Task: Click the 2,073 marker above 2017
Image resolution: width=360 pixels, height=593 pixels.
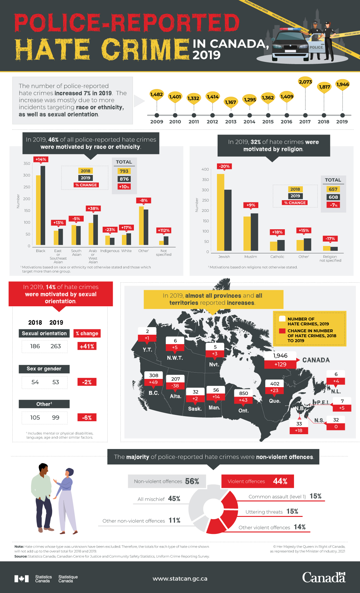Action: click(305, 82)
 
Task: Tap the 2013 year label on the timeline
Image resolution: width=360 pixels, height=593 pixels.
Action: click(231, 122)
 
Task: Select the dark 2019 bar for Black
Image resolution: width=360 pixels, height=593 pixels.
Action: click(43, 205)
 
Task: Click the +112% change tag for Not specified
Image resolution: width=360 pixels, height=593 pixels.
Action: click(164, 231)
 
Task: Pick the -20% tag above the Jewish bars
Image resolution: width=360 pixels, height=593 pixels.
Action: click(224, 166)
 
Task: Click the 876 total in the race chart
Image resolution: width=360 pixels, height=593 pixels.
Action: click(124, 179)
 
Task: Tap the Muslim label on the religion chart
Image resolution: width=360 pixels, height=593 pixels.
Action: click(250, 257)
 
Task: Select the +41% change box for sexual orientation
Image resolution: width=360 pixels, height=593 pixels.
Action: click(87, 346)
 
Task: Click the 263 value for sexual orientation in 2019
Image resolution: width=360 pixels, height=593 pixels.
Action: click(56, 346)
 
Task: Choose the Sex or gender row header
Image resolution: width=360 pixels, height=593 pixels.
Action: click(44, 369)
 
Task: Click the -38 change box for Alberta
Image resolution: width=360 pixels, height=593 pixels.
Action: click(175, 386)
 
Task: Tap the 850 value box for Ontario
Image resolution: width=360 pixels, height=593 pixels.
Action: click(243, 393)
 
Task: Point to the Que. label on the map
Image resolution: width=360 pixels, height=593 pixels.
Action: click(274, 401)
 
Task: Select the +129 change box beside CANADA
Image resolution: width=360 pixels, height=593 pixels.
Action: click(280, 364)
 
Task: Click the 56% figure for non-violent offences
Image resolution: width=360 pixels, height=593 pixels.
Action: click(192, 481)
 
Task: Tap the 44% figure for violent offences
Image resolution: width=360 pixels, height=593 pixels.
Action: click(280, 481)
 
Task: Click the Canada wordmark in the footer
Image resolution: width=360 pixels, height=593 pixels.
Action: click(324, 578)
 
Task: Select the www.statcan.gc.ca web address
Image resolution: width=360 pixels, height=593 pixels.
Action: click(180, 579)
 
